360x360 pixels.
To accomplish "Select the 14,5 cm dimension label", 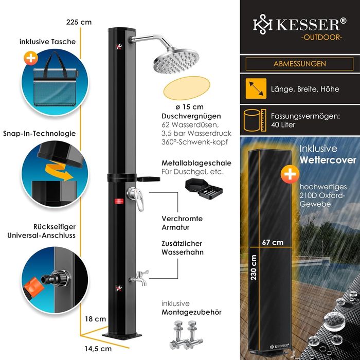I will (98, 349).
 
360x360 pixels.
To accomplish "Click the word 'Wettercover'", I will (329, 160).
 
